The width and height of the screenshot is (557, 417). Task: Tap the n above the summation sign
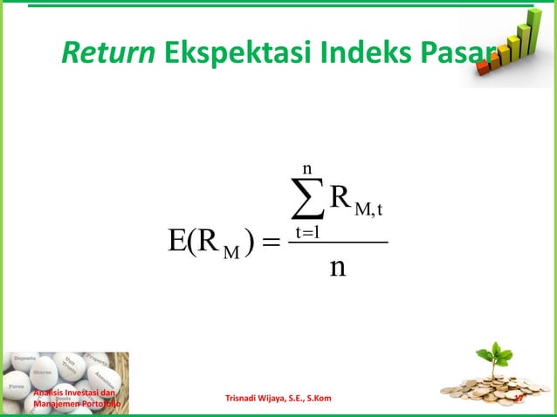(306, 167)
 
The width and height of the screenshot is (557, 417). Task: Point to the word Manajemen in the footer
(59, 405)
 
